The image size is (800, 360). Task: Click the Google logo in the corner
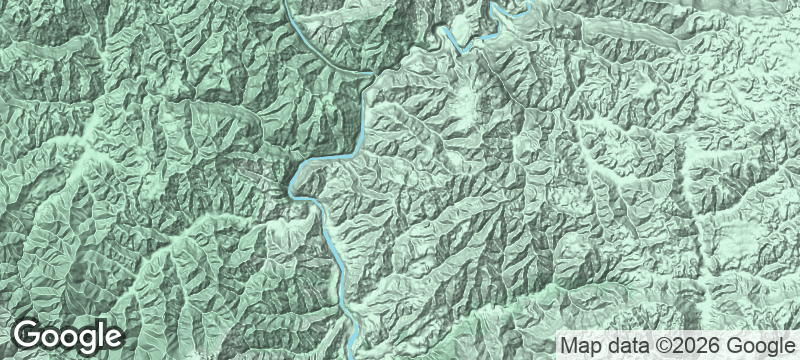[x=67, y=336]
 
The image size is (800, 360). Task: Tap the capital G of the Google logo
[x=28, y=335]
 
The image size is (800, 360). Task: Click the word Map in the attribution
[x=579, y=346]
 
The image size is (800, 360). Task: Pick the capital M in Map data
[x=567, y=346]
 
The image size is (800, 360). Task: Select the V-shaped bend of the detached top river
[x=462, y=49]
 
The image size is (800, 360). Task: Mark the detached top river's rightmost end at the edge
[x=529, y=2]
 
